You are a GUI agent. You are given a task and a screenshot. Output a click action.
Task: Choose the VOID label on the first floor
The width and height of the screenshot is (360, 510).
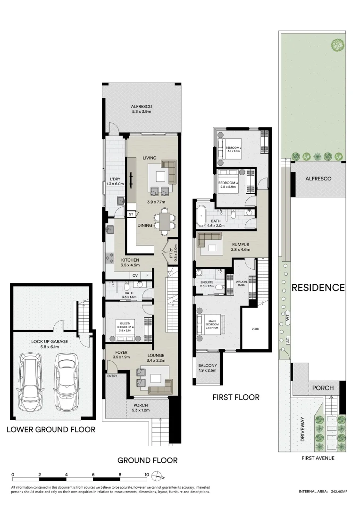(x=255, y=329)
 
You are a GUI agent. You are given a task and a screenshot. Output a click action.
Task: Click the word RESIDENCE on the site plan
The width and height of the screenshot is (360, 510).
(x=318, y=287)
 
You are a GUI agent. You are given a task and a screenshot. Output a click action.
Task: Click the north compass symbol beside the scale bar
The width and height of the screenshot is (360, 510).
(x=161, y=475)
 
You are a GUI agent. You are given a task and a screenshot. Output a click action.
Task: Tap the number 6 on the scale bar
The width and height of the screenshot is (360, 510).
(x=93, y=475)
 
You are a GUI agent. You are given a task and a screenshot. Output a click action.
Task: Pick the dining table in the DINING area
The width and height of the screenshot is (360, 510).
(x=164, y=221)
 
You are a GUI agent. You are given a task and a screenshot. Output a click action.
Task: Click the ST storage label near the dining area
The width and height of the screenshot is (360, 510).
(x=130, y=214)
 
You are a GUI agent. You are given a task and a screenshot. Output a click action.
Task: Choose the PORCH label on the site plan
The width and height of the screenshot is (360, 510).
(x=323, y=388)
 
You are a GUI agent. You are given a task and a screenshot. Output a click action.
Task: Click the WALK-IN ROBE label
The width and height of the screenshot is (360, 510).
(x=242, y=283)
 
